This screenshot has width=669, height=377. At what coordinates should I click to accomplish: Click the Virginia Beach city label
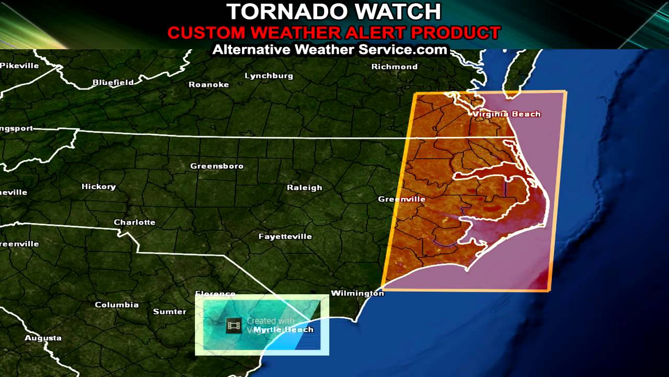(x=506, y=114)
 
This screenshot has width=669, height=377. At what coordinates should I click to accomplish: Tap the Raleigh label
(x=305, y=187)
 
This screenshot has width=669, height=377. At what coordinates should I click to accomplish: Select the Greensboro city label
(x=217, y=166)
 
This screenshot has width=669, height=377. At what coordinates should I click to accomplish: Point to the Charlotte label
(x=135, y=222)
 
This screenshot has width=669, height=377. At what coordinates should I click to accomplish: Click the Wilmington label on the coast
(x=357, y=293)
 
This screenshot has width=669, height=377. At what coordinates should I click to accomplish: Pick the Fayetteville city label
(x=285, y=236)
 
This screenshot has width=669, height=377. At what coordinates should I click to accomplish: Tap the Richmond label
(x=395, y=66)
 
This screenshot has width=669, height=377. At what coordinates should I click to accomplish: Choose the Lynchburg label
(x=269, y=76)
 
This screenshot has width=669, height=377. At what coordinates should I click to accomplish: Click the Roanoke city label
(x=209, y=84)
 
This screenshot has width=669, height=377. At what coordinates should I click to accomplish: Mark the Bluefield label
(x=113, y=82)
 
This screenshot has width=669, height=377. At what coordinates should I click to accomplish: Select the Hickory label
(x=99, y=186)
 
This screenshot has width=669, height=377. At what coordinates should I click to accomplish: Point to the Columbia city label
(x=117, y=305)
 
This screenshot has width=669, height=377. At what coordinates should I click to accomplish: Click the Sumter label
(x=170, y=312)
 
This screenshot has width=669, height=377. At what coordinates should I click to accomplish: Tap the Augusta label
(x=43, y=338)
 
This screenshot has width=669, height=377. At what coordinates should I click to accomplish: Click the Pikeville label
(x=20, y=65)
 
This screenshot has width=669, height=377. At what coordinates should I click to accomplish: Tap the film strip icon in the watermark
(x=234, y=326)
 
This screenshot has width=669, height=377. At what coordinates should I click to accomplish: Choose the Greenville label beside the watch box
(x=402, y=199)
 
